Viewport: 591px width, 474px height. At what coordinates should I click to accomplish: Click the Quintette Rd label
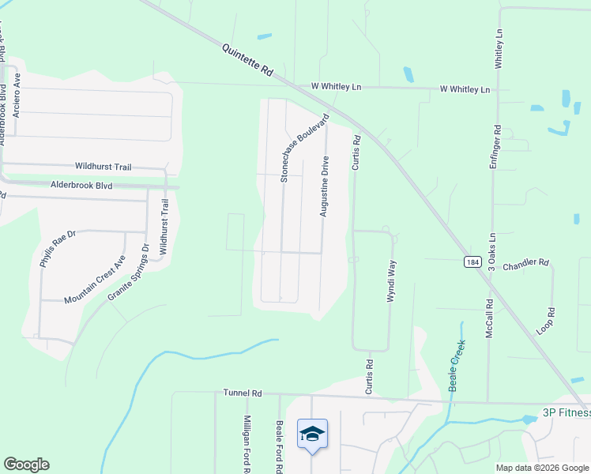247,59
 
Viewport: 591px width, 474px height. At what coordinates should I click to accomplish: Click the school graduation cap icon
312,434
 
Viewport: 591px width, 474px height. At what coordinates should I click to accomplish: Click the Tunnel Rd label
242,393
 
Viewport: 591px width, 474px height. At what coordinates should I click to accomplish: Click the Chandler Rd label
525,262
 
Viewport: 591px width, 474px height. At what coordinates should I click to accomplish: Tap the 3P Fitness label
567,412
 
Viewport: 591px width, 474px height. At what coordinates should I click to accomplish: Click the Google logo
26,465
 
